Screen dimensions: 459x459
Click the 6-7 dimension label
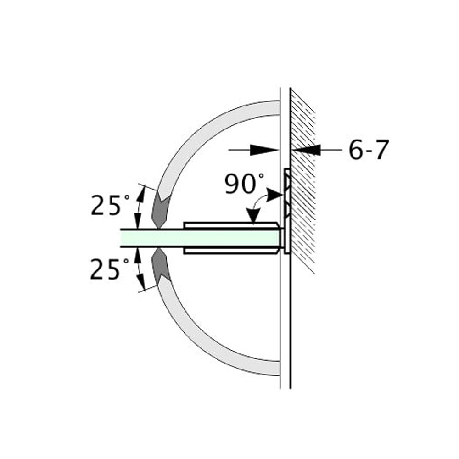click(368, 150)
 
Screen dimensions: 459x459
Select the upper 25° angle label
click(106, 205)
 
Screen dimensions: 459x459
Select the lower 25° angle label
click(106, 269)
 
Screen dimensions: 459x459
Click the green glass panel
click(197, 238)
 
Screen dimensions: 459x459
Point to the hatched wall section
click(303, 184)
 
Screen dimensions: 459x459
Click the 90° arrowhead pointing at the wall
click(274, 195)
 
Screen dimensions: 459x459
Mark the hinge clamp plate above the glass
click(229, 225)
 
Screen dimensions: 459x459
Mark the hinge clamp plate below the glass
click(229, 251)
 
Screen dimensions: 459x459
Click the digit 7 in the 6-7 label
click(381, 150)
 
